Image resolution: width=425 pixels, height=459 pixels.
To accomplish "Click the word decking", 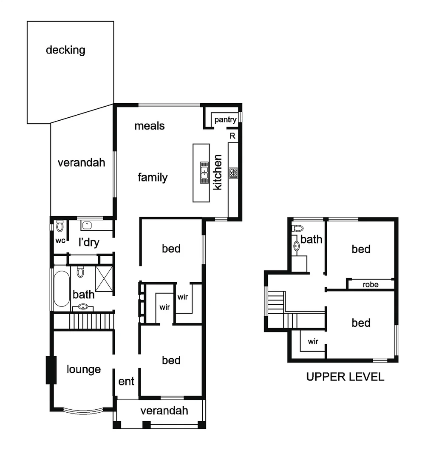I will (x=65, y=50).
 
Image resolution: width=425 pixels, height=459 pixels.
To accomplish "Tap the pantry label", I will (x=225, y=120).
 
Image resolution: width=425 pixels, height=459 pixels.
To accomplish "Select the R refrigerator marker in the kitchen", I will (x=232, y=136).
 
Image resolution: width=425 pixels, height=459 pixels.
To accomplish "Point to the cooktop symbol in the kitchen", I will (x=233, y=173).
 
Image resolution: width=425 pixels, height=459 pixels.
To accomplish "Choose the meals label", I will (x=149, y=126).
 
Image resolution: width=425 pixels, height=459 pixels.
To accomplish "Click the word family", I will (x=153, y=177).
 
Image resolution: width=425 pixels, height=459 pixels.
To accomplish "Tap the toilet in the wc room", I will (x=59, y=226).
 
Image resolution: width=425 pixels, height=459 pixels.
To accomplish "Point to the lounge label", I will (x=84, y=369).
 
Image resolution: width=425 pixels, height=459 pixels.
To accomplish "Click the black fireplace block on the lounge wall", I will (x=51, y=370).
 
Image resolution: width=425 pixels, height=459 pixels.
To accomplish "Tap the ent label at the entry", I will (x=127, y=381).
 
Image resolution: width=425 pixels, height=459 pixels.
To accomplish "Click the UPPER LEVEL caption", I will (x=345, y=377).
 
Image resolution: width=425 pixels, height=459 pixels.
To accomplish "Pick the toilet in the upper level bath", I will (x=296, y=228).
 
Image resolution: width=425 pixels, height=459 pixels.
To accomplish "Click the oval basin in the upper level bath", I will (x=296, y=246).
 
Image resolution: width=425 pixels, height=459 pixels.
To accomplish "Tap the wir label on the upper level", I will (x=313, y=341).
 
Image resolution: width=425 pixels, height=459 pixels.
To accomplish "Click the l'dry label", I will (x=89, y=243).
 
